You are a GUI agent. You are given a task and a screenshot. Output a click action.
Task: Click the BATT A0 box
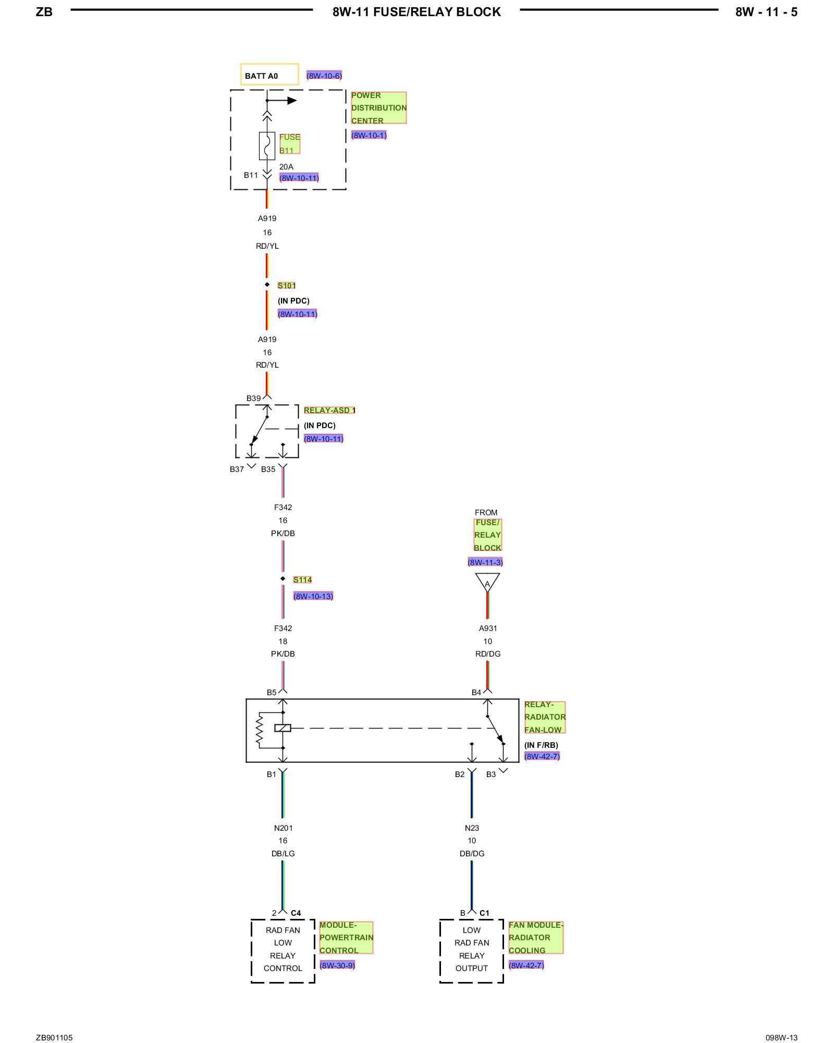(x=269, y=75)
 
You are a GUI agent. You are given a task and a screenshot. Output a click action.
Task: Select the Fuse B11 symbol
(x=267, y=146)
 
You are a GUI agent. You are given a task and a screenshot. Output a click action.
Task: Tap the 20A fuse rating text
(x=286, y=167)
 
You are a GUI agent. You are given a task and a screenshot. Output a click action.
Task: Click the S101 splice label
(x=286, y=285)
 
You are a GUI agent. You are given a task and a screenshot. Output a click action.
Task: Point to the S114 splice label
(x=302, y=579)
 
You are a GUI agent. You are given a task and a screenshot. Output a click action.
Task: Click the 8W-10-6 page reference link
(x=324, y=76)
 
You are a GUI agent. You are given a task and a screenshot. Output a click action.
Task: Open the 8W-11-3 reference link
(x=485, y=562)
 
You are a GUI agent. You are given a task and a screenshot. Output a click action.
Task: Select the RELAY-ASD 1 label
(x=329, y=410)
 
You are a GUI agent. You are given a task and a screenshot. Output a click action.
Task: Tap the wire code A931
(x=488, y=628)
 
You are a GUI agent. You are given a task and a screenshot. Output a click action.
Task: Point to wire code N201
(x=283, y=828)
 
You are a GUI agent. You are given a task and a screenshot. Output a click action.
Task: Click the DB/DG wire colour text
(x=472, y=854)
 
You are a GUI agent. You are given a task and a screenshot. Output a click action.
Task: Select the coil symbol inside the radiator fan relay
(x=283, y=728)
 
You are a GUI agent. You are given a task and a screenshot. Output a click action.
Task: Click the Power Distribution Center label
(x=378, y=108)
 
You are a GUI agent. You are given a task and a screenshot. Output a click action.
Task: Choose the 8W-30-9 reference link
(x=337, y=965)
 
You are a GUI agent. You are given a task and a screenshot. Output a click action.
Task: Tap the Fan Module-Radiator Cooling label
(x=536, y=938)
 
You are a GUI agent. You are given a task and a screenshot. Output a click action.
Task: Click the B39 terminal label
(x=253, y=398)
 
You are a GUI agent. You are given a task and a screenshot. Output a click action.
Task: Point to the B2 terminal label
(x=459, y=774)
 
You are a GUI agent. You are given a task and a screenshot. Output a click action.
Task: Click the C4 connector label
(x=296, y=913)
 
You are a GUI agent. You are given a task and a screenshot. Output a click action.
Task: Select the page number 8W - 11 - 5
(x=766, y=12)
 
